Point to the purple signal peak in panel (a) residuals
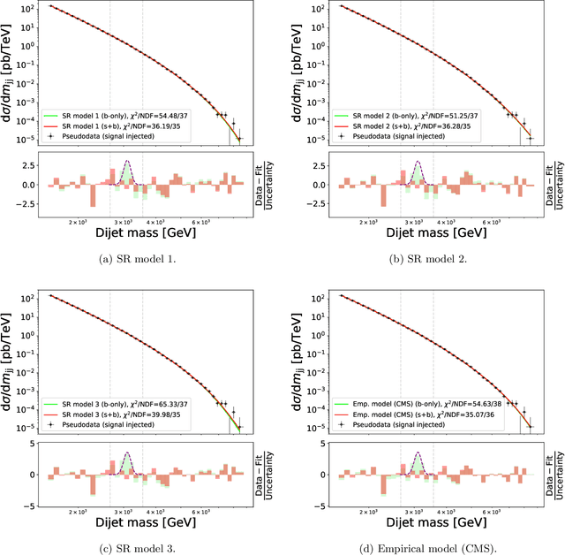pyautogui.click(x=127, y=162)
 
